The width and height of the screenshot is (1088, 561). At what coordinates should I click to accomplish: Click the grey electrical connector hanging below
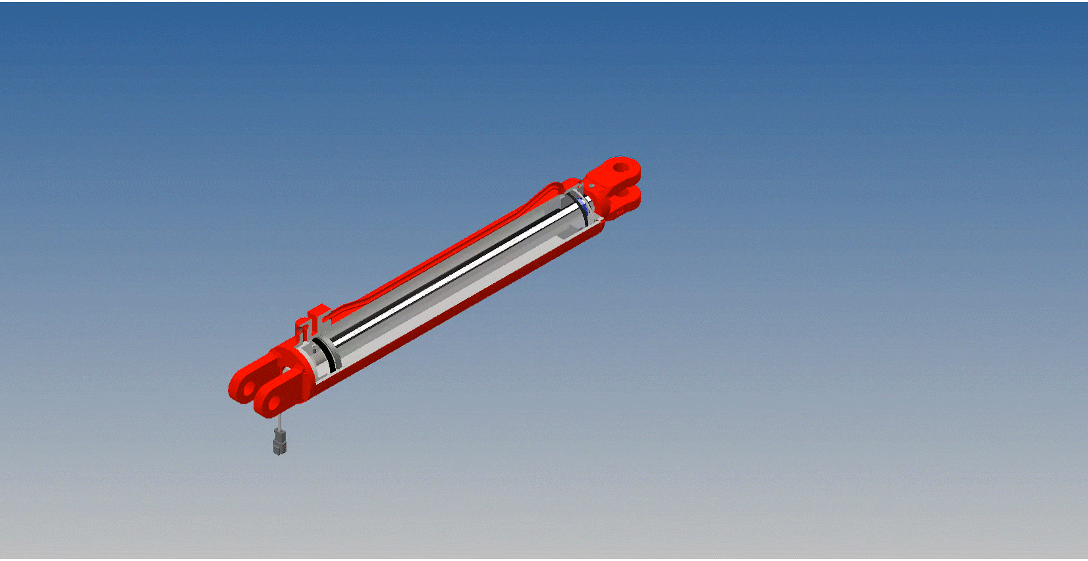[280, 442]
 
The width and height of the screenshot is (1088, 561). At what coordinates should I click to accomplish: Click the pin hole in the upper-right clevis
[621, 167]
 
